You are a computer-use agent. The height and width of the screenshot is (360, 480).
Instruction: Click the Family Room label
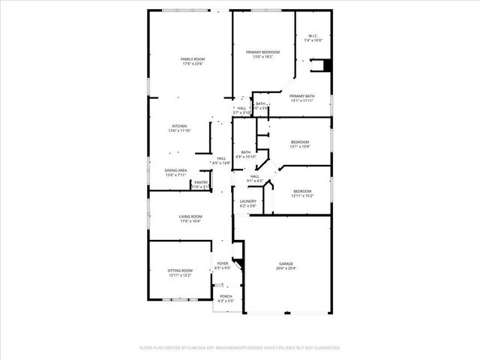[193, 59]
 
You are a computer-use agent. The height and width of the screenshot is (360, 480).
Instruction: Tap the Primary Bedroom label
[262, 52]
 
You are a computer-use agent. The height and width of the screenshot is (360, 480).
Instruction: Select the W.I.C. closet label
[313, 37]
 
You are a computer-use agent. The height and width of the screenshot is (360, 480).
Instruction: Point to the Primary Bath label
[302, 96]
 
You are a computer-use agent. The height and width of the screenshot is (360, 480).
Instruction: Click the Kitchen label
[179, 126]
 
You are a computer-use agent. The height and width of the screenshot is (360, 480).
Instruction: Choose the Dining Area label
[176, 170]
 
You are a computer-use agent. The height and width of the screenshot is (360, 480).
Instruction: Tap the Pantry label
[201, 182]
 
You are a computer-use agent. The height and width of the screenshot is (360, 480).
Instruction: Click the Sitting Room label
[181, 270]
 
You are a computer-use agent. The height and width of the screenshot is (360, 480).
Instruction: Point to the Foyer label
[223, 264]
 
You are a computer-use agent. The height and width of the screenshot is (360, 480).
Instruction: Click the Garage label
[286, 264]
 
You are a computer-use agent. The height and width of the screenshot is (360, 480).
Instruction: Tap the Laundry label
[248, 201]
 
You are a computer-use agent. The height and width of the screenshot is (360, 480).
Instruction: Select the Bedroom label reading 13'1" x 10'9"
[300, 142]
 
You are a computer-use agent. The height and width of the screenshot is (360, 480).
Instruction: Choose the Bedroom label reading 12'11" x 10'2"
[302, 191]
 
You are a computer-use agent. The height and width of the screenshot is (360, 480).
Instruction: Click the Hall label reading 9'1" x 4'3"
[255, 176]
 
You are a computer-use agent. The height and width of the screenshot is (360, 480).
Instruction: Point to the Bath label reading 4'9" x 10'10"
[246, 152]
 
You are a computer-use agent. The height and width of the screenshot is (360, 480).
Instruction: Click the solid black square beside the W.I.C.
[326, 65]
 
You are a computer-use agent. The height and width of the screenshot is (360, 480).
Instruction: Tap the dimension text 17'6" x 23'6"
[193, 64]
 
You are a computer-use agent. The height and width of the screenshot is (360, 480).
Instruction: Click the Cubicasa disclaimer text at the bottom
[240, 348]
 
